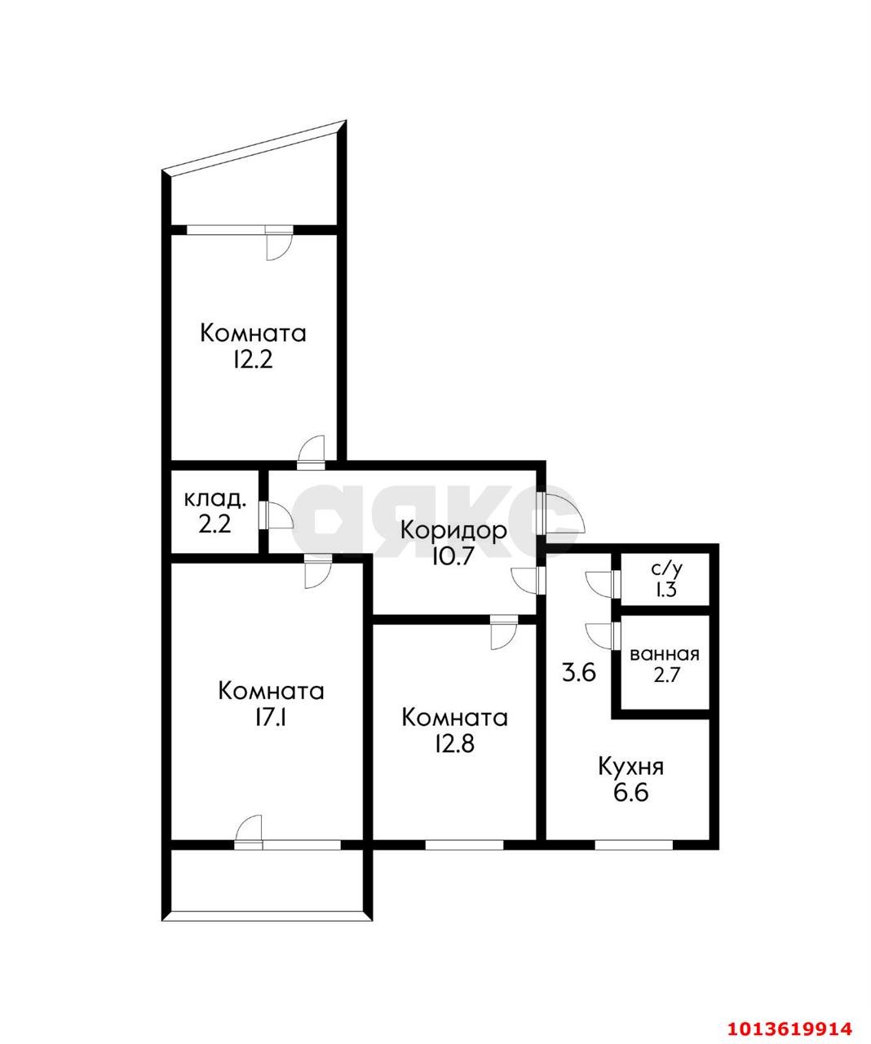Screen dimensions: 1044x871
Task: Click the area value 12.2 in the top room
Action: click(253, 360)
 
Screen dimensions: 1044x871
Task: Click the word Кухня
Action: click(630, 767)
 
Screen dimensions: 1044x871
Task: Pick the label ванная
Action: click(665, 654)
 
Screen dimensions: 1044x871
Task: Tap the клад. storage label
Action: click(215, 498)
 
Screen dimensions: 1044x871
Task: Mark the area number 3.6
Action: click(579, 674)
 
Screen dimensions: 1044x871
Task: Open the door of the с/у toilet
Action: click(601, 583)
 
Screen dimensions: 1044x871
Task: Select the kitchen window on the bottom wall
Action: click(633, 844)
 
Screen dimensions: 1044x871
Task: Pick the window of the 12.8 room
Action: click(465, 844)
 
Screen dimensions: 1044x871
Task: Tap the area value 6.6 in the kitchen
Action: click(630, 793)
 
